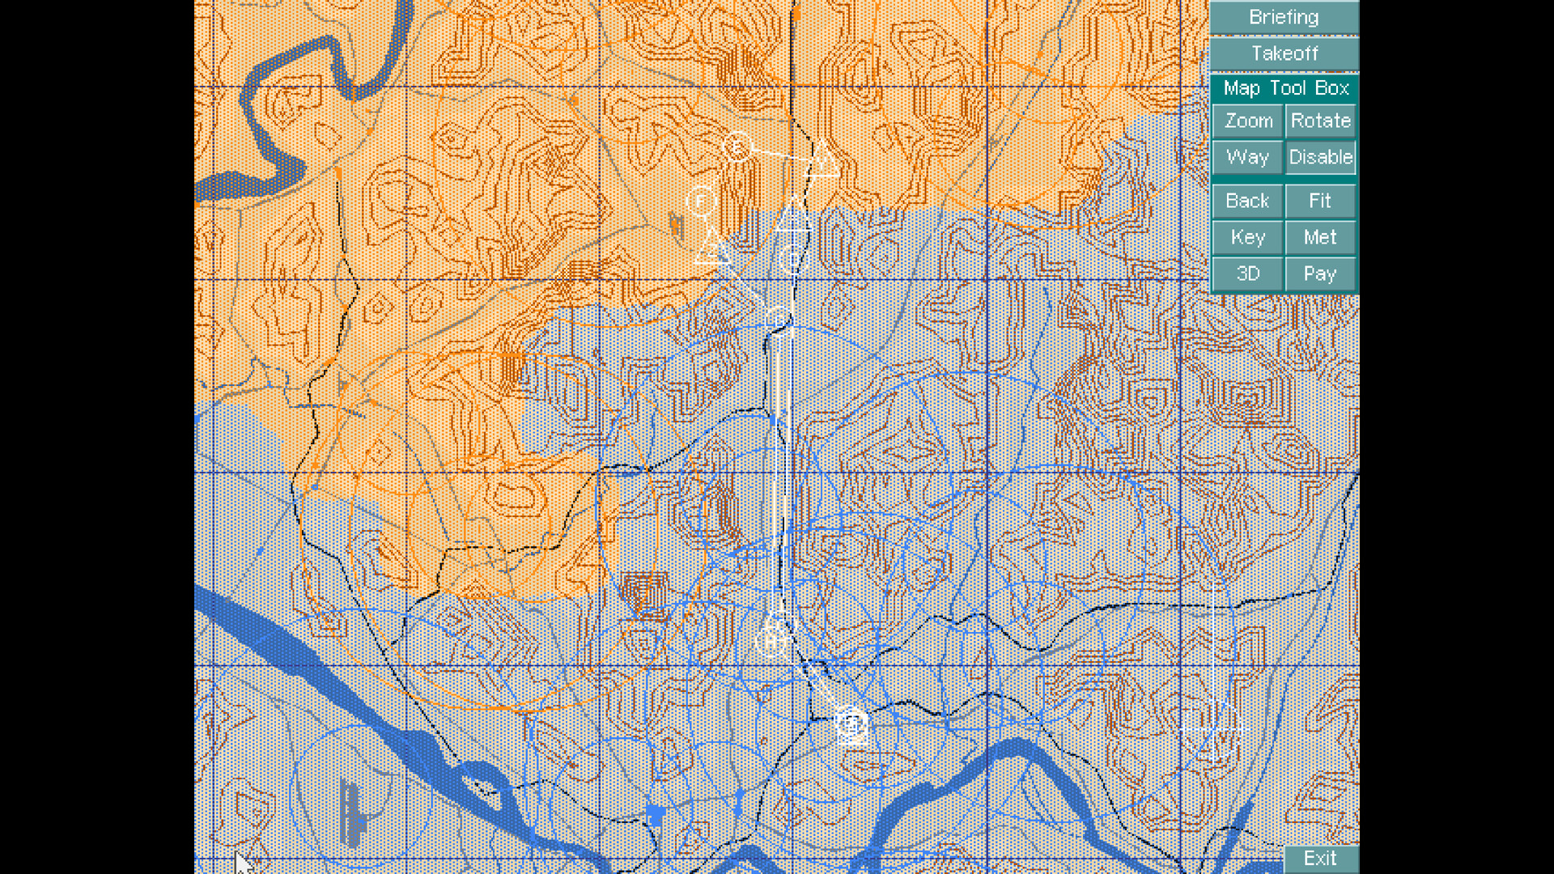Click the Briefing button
coord(1284,17)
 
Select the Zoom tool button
coord(1247,121)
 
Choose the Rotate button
coord(1320,121)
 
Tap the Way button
coord(1247,157)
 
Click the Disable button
coord(1320,157)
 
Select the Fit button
coord(1320,201)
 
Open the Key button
coord(1247,237)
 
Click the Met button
coord(1320,237)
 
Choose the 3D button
coord(1247,274)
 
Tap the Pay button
coord(1320,274)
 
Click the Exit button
coord(1320,859)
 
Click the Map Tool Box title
coord(1285,87)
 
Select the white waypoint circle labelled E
coord(737,147)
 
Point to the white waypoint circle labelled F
coord(701,199)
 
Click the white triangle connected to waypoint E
coord(823,160)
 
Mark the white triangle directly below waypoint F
coord(712,248)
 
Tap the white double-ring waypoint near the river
coord(851,723)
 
